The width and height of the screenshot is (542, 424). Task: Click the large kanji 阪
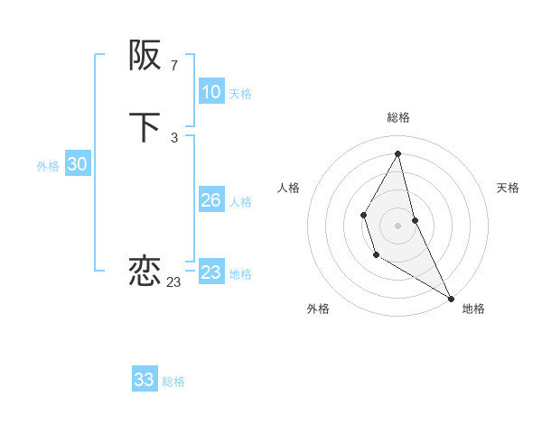pos(145,56)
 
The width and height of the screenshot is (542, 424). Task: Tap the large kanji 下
pos(145,127)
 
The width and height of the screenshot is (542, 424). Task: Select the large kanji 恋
pos(145,270)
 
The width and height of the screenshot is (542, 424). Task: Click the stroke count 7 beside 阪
pos(173,65)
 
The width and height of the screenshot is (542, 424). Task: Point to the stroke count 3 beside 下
pos(173,137)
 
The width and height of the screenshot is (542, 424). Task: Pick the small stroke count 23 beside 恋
pos(173,282)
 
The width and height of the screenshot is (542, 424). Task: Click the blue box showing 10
pos(211,92)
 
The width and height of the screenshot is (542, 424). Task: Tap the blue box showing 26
pos(211,200)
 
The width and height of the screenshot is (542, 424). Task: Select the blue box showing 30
pos(77,164)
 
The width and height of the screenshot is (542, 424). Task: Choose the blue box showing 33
pos(145,380)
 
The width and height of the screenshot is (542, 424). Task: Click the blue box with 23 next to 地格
pos(211,272)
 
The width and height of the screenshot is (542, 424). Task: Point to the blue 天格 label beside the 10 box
pos(240,94)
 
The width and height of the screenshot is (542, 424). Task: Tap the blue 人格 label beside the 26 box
pos(240,202)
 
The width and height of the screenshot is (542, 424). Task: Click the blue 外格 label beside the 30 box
pos(48,166)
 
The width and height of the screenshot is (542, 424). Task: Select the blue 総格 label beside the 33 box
pos(173,382)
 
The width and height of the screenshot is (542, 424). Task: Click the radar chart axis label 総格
pos(398,117)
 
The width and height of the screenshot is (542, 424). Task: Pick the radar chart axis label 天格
pos(508,188)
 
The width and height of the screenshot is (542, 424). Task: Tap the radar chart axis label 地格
pos(473,309)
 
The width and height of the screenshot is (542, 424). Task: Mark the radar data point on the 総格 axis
pos(398,153)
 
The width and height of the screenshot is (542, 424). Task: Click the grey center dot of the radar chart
pos(398,225)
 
